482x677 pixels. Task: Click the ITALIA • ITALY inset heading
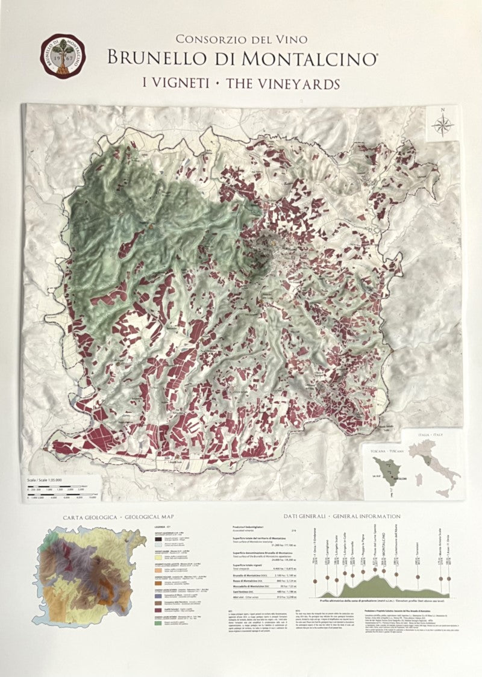(x=435, y=434)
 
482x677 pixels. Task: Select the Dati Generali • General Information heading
(x=342, y=516)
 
